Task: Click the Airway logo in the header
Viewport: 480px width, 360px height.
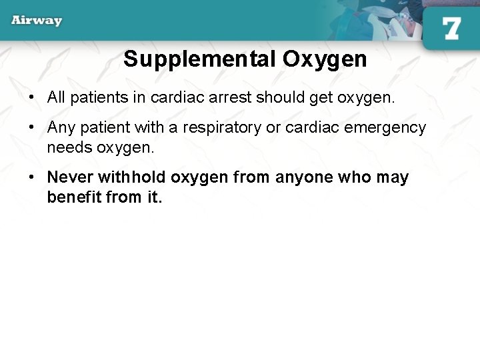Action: coord(37,20)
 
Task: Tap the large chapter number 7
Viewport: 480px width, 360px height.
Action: coord(451,29)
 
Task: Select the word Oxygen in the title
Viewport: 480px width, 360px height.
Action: coord(325,59)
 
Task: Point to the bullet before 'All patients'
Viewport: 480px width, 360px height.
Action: coord(31,98)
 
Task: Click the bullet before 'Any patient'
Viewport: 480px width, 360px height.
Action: coord(31,128)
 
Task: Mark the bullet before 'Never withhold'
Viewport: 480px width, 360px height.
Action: coord(31,178)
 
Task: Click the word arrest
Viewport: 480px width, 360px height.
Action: coord(230,98)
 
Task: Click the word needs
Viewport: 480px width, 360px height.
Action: coord(69,147)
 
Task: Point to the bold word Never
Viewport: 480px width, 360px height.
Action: coord(70,178)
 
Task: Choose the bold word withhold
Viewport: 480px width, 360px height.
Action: coord(132,178)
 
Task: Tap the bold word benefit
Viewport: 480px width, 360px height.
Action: coord(74,197)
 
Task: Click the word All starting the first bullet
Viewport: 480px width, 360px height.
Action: coord(56,98)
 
